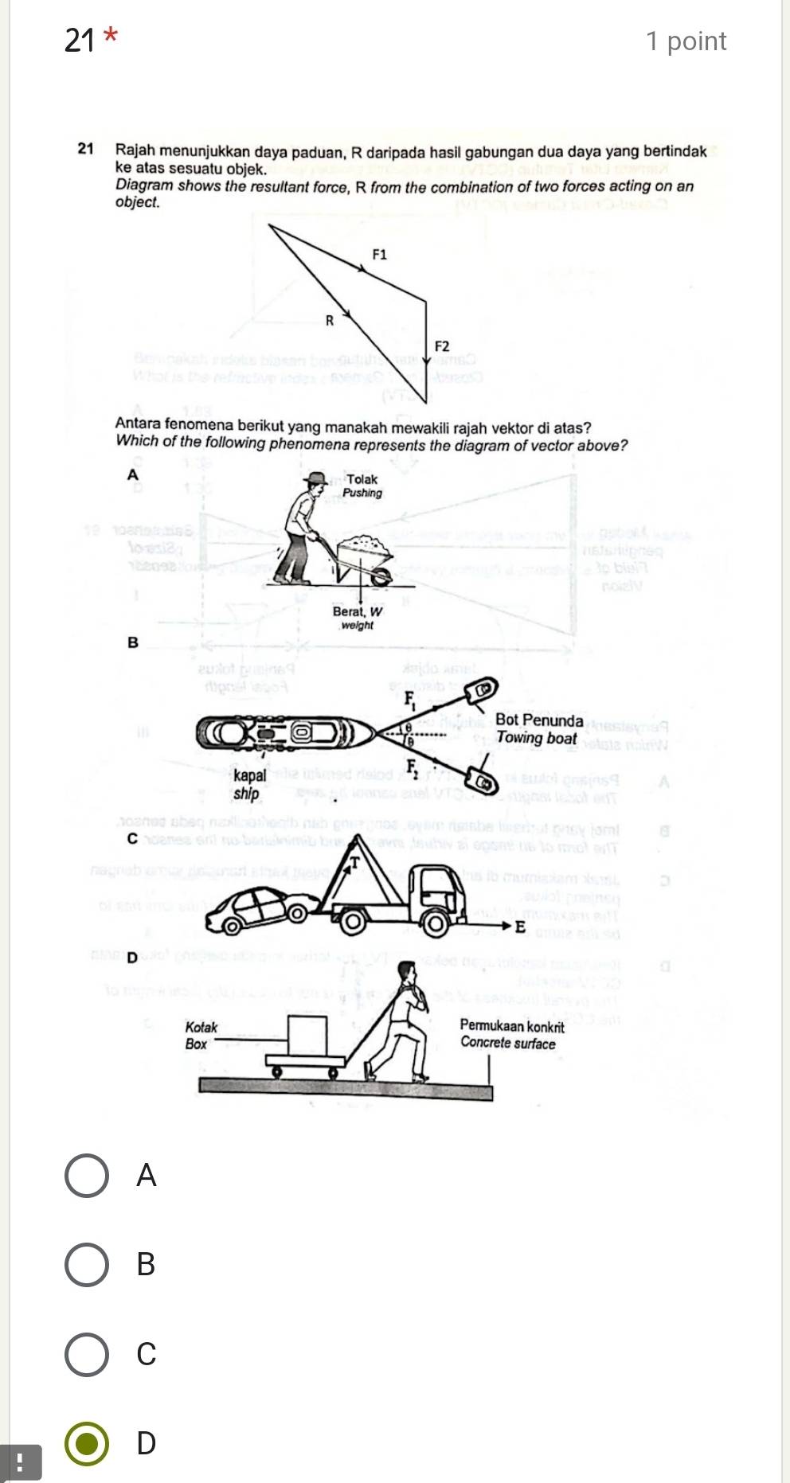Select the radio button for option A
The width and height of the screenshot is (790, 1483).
tap(87, 1175)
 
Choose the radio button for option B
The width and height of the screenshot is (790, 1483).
tap(87, 1264)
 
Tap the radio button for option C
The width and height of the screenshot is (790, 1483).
tap(87, 1353)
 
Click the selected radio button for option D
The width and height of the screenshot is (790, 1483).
tap(87, 1443)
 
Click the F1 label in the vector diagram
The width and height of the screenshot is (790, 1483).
tap(380, 255)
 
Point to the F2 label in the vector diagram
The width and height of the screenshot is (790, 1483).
tap(442, 346)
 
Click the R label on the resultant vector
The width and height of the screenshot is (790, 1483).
tap(329, 321)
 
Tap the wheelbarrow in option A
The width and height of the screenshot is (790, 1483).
tap(363, 556)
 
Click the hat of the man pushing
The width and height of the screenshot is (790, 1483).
tap(317, 479)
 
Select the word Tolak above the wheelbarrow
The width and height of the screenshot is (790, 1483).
tap(362, 479)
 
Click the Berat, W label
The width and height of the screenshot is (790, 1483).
tap(358, 611)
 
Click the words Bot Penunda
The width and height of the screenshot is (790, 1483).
tap(539, 720)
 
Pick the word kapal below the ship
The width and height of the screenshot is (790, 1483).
tap(250, 775)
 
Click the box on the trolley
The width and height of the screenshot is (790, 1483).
tap(308, 1034)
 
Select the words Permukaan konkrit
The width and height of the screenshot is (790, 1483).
tap(512, 1027)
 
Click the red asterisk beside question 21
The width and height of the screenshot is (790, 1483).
tap(111, 36)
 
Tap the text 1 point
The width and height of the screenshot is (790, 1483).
tap(686, 41)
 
